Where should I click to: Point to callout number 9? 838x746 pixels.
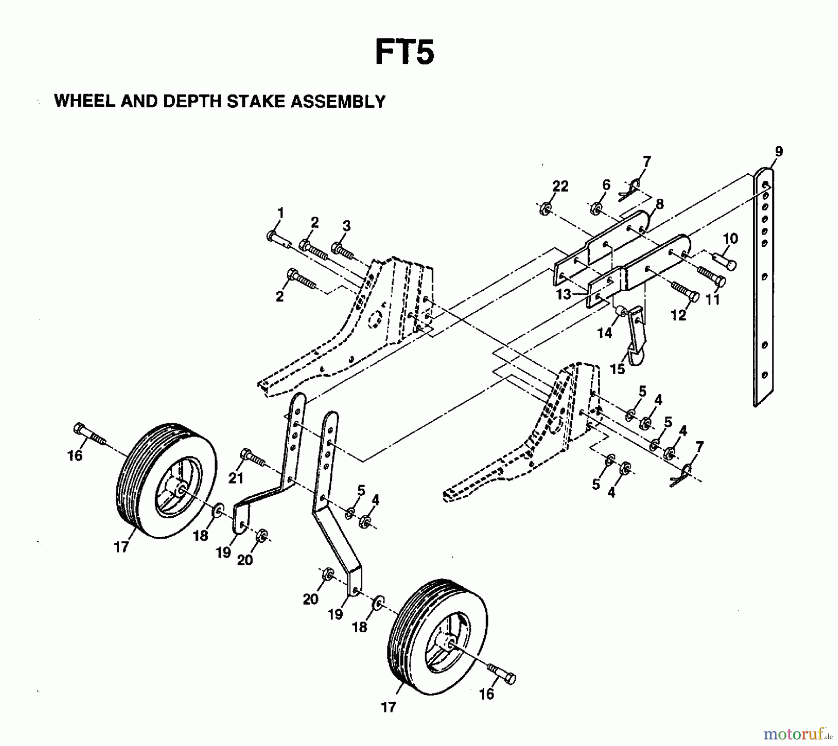779,151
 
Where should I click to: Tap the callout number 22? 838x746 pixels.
560,186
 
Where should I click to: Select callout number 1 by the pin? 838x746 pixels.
280,213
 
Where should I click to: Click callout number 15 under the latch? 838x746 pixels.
617,369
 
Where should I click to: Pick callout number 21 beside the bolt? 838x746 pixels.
236,478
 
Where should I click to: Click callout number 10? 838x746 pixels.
730,239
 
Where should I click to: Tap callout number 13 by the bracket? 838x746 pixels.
564,294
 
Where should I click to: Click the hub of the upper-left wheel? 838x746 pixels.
180,492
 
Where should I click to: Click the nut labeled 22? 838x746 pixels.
544,209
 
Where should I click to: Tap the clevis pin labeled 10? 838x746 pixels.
724,260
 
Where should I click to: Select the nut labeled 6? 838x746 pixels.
595,208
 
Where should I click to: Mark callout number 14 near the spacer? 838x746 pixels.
605,333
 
